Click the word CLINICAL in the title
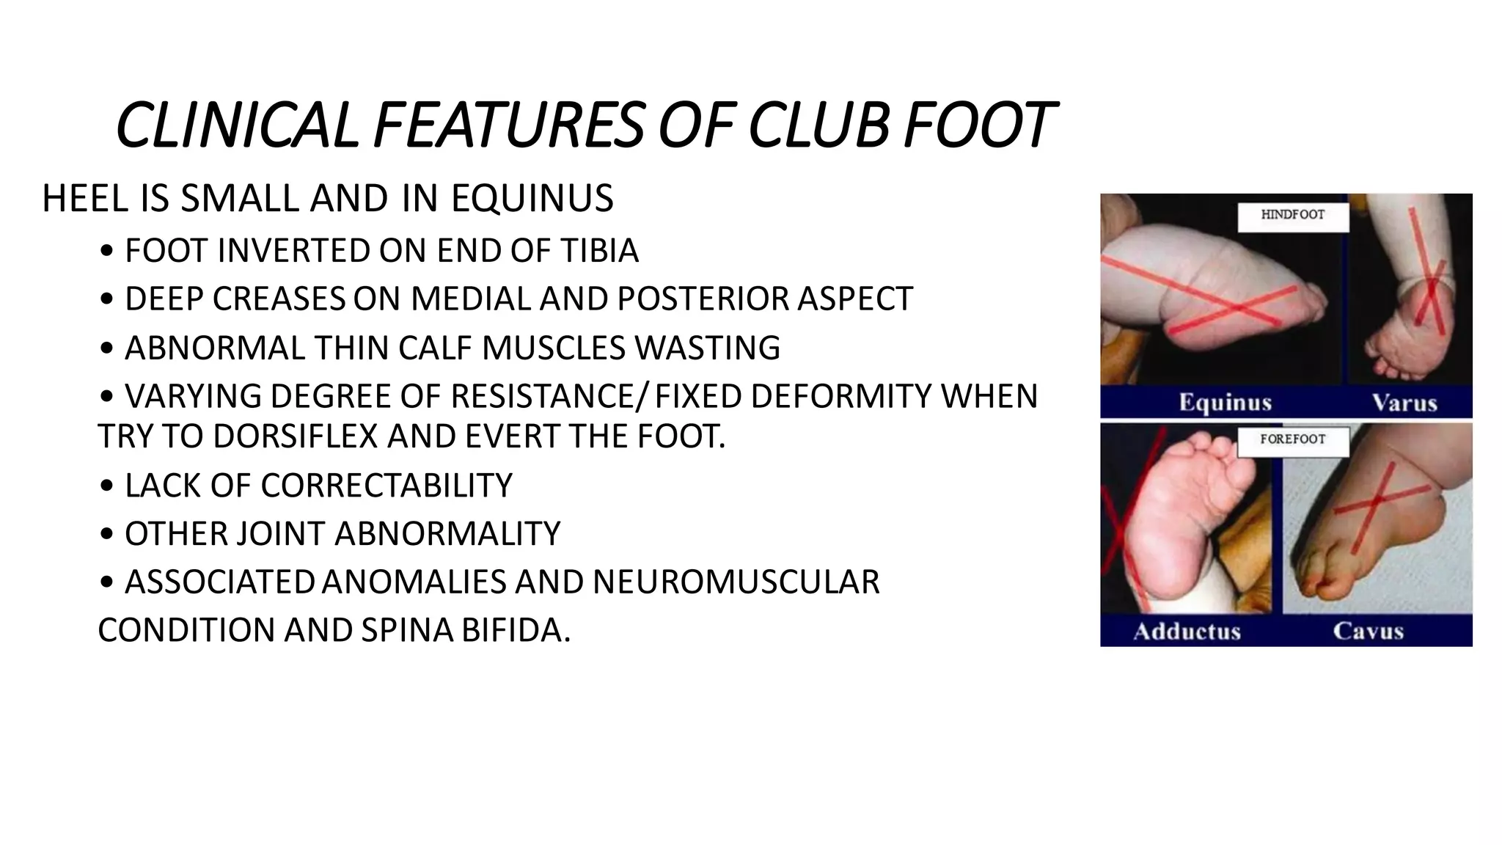point(237,126)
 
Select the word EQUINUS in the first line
point(532,199)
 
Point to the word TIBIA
point(600,251)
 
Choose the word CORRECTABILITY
point(387,486)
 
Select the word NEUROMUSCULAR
point(736,582)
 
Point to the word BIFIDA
point(516,630)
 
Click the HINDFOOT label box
point(1292,216)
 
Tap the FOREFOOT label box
point(1292,440)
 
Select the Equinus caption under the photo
point(1225,403)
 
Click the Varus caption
point(1404,403)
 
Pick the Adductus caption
point(1187,632)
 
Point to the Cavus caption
point(1368,632)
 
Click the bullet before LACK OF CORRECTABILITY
point(107,486)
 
